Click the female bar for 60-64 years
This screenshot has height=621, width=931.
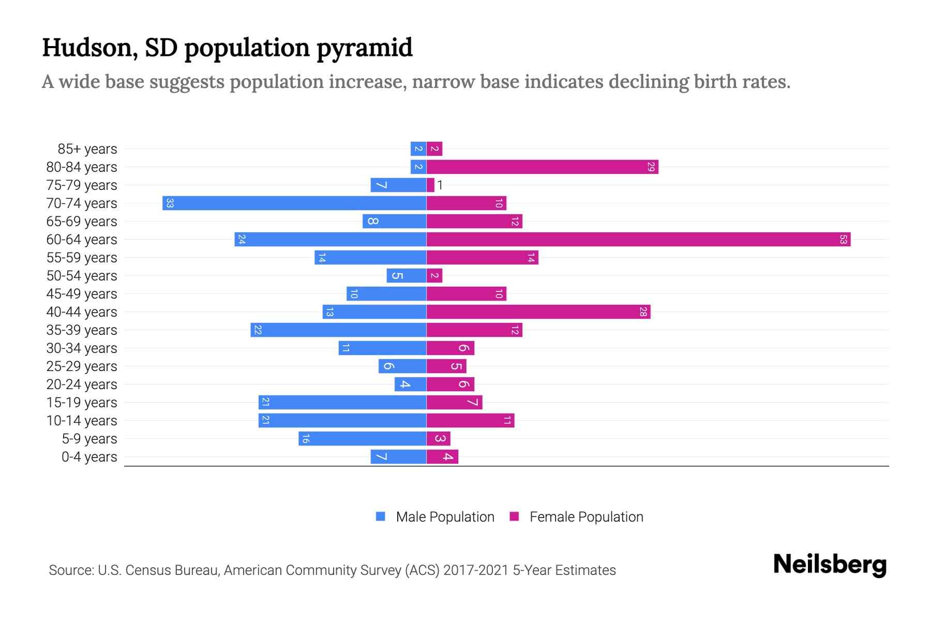point(638,240)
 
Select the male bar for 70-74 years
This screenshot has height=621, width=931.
point(294,203)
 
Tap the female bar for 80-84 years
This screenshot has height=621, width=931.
point(542,167)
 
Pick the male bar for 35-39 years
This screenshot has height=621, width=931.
point(338,330)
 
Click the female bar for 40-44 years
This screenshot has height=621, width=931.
point(538,312)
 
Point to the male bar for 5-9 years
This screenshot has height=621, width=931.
point(362,439)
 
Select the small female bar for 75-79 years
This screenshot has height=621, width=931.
point(430,185)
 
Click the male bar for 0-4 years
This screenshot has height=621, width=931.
point(398,457)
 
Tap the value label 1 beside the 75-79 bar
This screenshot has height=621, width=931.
point(440,185)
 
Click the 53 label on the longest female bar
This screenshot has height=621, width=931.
point(843,240)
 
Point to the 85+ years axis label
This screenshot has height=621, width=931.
point(87,149)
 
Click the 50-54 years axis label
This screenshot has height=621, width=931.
point(82,276)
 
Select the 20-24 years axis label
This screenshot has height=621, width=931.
point(82,385)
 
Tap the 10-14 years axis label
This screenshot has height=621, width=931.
point(82,421)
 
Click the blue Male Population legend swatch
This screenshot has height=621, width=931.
point(381,516)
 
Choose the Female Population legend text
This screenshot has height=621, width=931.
point(586,517)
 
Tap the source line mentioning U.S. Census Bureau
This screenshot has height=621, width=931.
point(332,570)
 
